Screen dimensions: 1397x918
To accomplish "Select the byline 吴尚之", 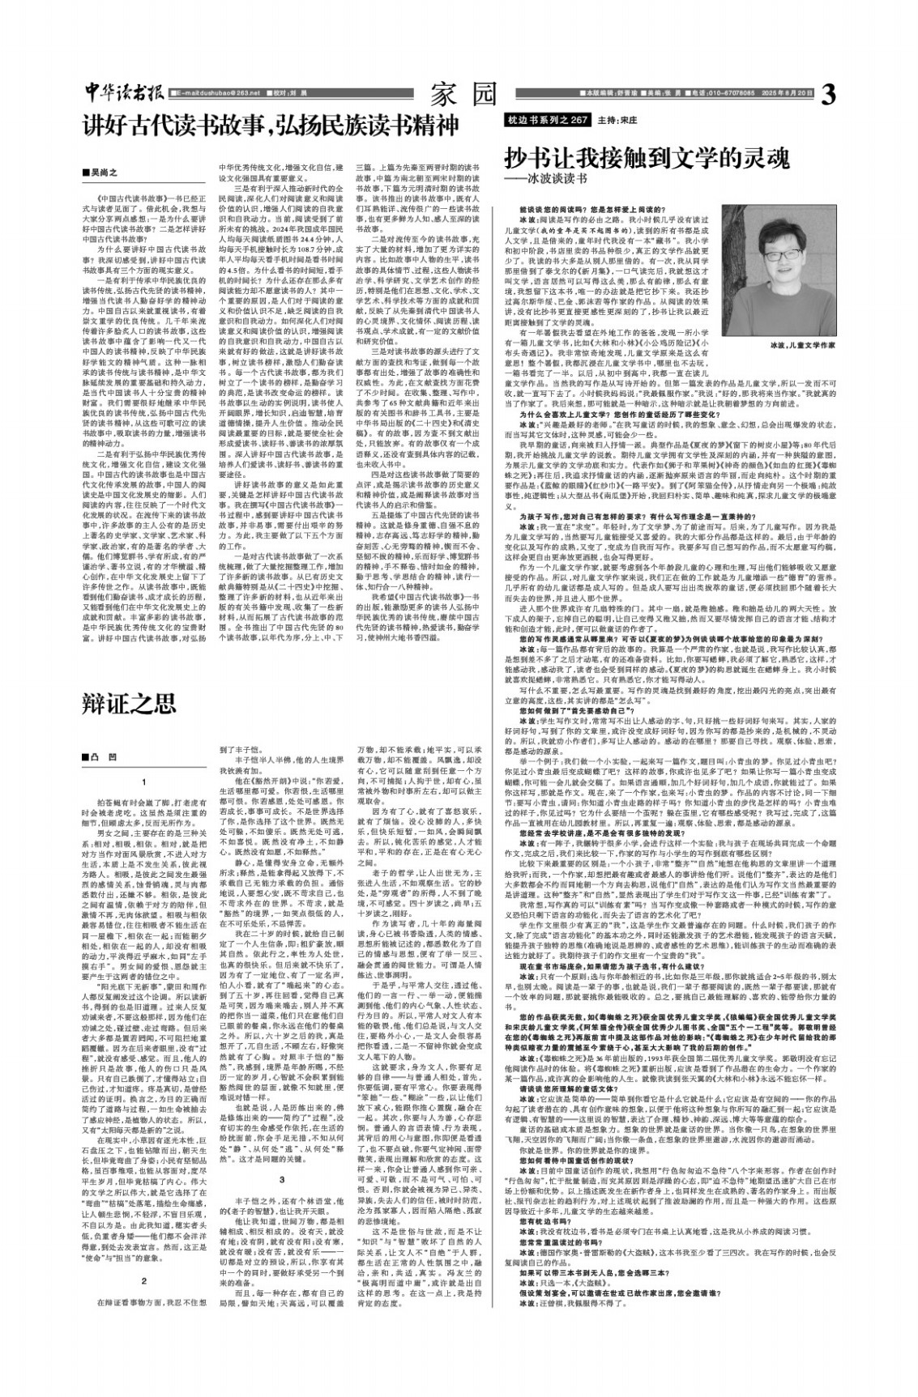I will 106,172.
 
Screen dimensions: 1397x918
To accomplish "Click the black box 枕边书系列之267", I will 546,119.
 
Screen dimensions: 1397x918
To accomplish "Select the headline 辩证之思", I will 129,702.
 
